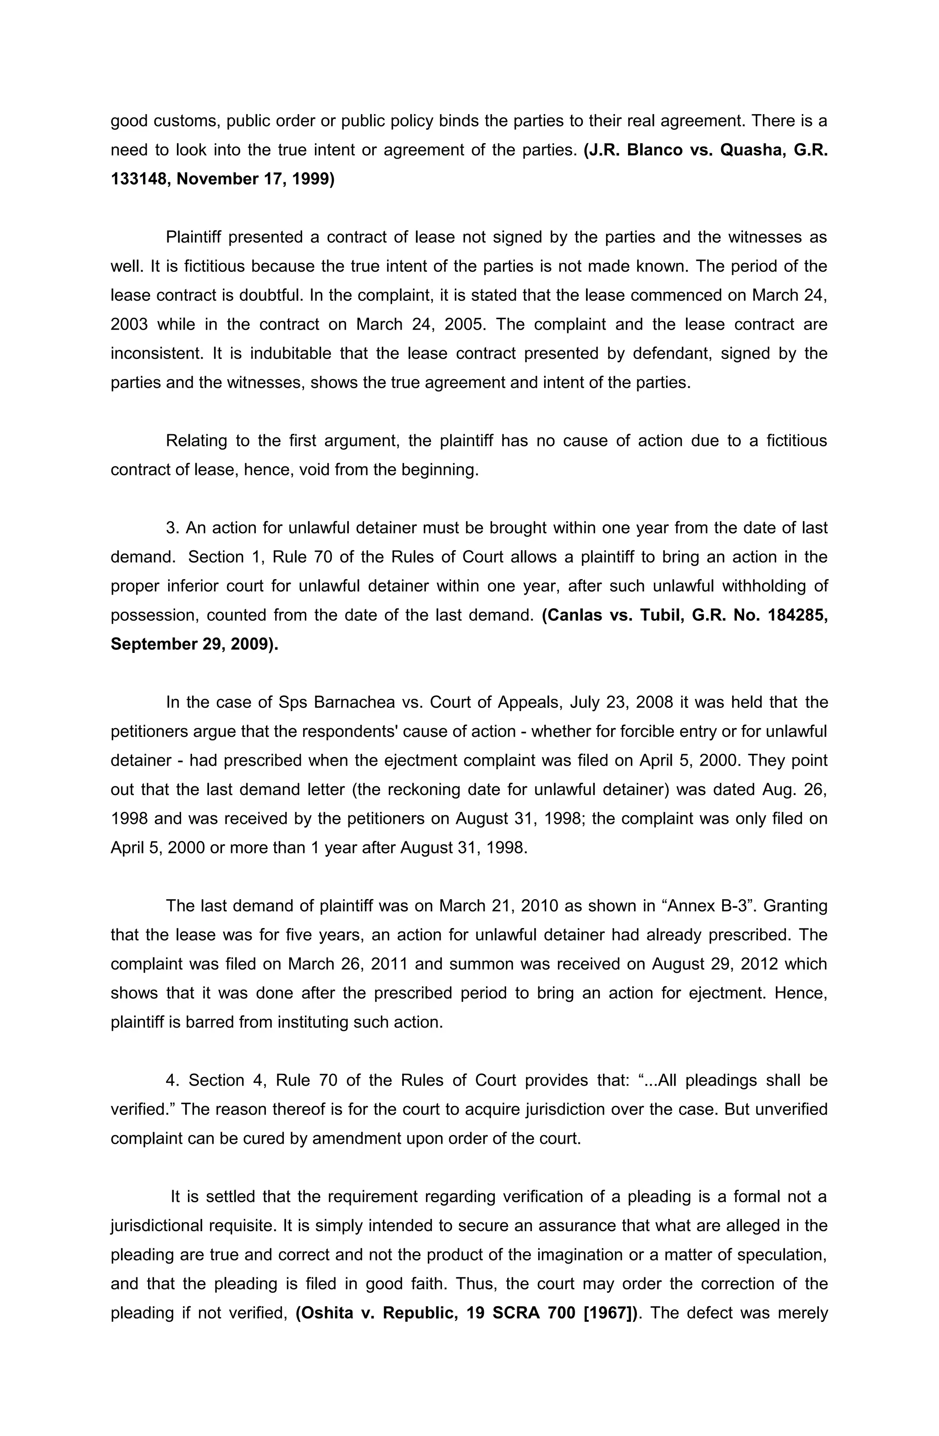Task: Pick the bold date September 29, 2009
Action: point(193,644)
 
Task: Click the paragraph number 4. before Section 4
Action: point(172,1081)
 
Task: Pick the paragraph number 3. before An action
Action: point(172,528)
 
